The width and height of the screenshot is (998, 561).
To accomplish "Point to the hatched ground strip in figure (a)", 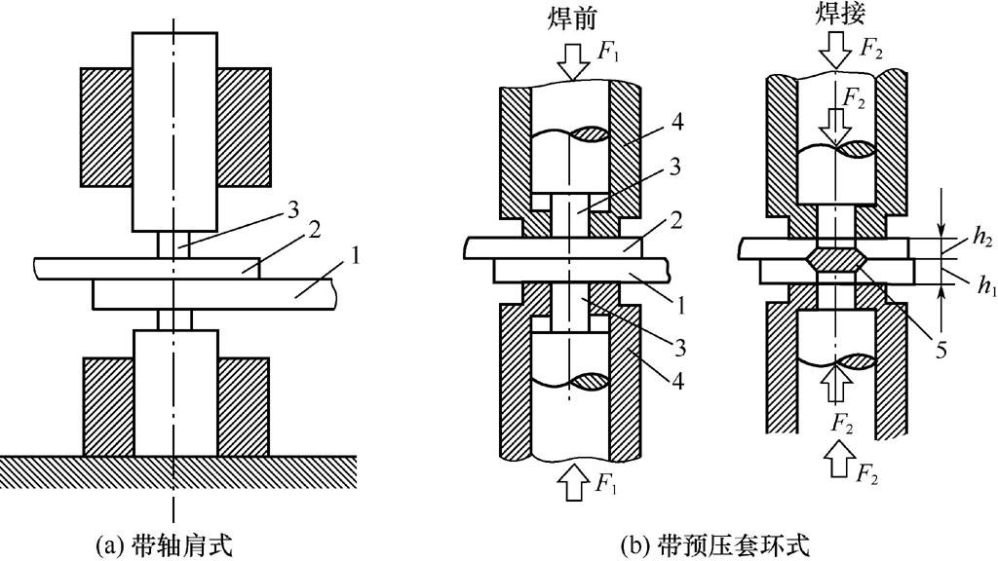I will pos(175,468).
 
